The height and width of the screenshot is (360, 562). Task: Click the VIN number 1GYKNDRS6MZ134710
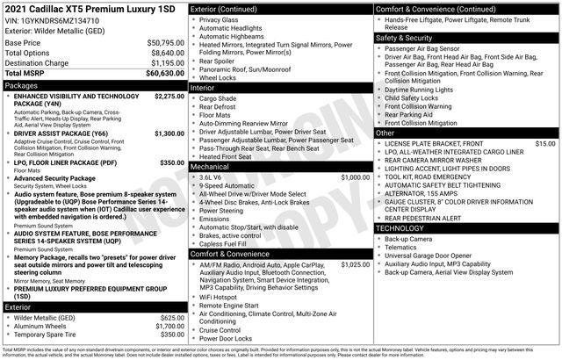pos(62,19)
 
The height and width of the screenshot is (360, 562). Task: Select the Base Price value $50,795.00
pos(161,42)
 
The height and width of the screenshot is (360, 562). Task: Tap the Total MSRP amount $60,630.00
pos(160,74)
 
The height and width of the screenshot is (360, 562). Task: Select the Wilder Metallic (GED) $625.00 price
pos(167,317)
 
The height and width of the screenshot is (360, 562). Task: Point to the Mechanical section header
pos(209,166)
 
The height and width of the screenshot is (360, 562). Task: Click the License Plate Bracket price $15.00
pos(544,142)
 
